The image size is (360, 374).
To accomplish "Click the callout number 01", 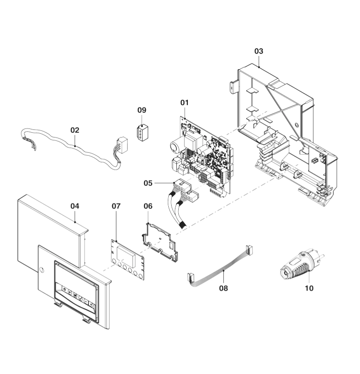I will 185,102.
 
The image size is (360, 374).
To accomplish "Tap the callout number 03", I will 258,51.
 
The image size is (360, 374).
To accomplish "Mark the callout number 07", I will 116,206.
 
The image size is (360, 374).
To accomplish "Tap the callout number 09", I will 142,110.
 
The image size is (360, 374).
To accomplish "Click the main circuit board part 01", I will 203,153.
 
